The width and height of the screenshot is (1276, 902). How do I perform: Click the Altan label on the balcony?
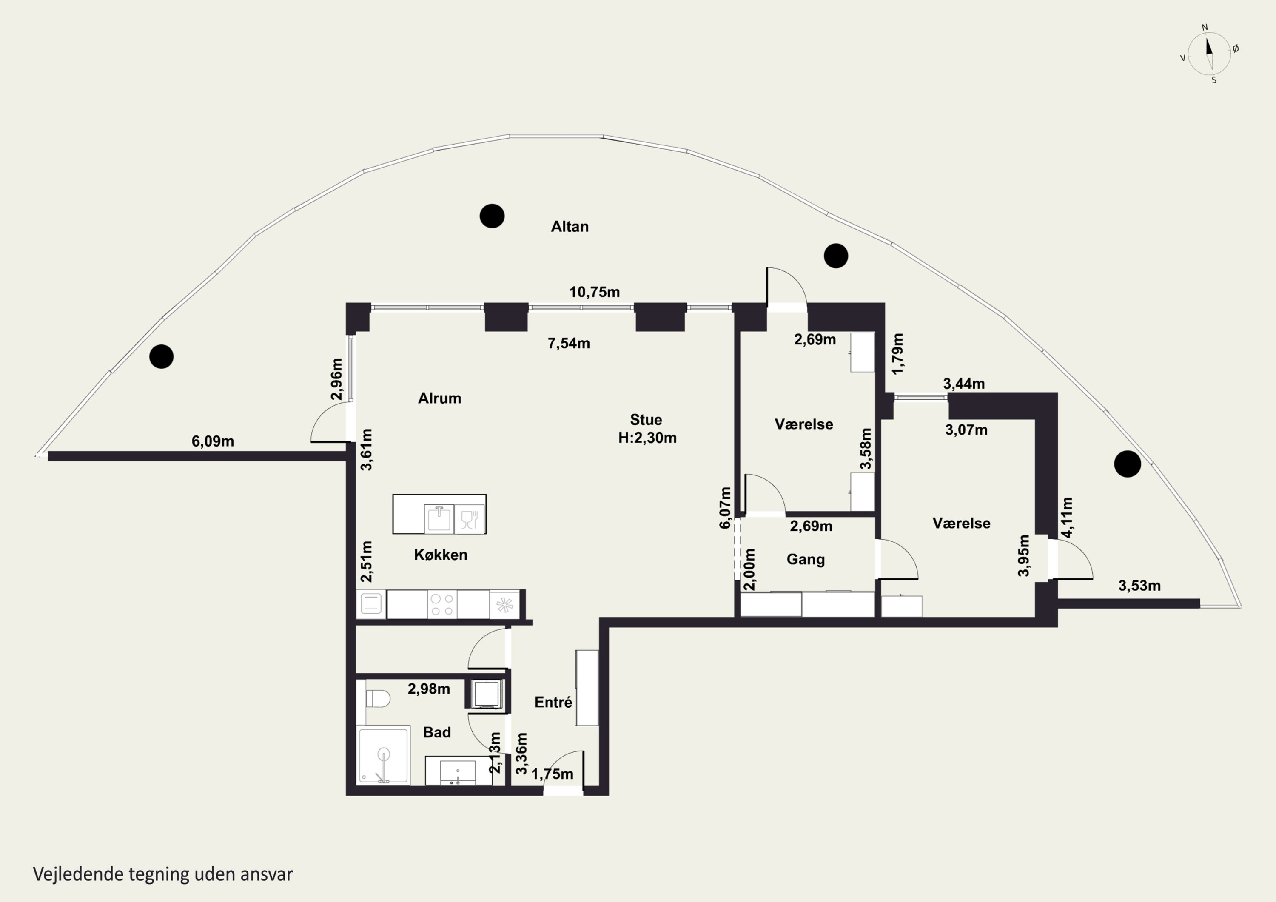(570, 227)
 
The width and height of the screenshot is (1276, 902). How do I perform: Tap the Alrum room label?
(440, 398)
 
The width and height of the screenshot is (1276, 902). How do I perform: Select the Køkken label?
(441, 555)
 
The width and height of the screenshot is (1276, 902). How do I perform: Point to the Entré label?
(553, 703)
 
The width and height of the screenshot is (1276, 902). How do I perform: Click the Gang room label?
(805, 560)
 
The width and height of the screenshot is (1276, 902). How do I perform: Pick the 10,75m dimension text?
(595, 292)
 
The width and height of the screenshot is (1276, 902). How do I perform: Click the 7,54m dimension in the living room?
(569, 344)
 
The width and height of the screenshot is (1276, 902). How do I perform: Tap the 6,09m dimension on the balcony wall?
(213, 442)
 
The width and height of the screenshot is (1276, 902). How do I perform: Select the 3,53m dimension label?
(1140, 586)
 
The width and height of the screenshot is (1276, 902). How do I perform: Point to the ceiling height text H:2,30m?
(647, 438)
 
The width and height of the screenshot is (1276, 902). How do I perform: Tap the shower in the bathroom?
(384, 755)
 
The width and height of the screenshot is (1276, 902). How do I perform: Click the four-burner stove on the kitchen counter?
(442, 605)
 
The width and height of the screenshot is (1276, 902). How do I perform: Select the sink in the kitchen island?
(439, 518)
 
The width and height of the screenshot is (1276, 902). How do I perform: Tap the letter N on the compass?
(1205, 27)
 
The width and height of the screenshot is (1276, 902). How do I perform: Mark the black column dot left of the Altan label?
(492, 216)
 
